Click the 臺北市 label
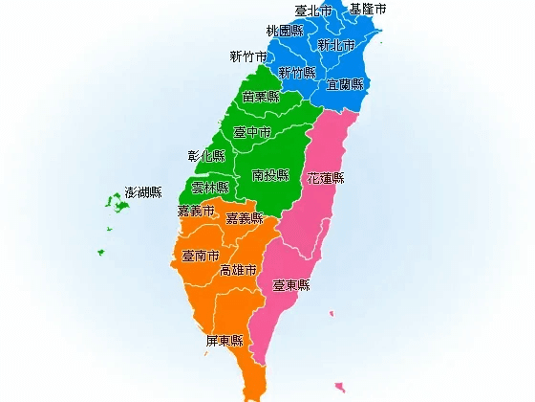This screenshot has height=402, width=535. point(313,11)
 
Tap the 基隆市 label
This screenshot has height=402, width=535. point(368,9)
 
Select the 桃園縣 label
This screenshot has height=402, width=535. point(285,31)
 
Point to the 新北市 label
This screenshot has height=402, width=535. point(336,45)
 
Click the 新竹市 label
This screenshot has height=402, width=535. point(248,56)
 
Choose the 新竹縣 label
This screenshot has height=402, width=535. point(296,73)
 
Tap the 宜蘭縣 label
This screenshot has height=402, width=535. point(345,84)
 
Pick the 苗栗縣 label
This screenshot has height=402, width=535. point(261,97)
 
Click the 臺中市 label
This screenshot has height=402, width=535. point(252,132)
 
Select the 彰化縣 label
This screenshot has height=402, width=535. point(206,155)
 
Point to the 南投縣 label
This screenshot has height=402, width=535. point(270,175)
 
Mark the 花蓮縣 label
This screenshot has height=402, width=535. point(326,178)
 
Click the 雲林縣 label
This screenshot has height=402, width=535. point(210,188)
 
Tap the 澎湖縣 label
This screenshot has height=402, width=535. point(143,193)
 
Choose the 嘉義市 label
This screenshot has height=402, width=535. point(196,212)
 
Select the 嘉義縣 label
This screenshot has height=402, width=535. point(244,219)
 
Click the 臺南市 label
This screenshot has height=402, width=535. point(201,256)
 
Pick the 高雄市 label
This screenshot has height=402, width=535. point(238,271)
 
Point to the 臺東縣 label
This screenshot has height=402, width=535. point(291,285)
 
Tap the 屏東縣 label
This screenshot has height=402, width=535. point(224,340)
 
